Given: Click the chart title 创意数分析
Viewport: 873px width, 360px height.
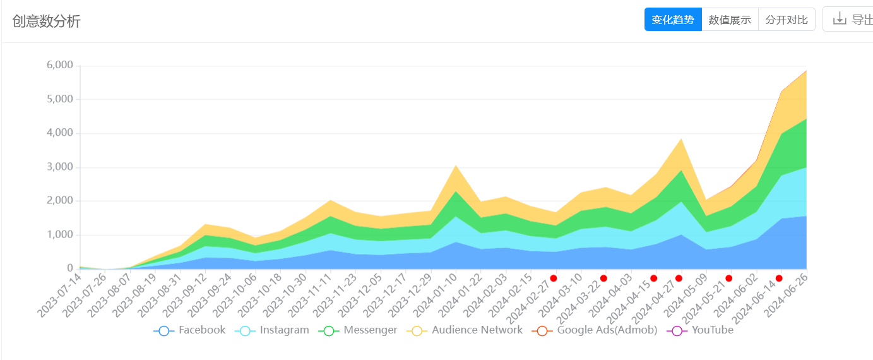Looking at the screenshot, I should [46, 21].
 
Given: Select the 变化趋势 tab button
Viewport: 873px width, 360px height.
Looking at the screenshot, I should [673, 20].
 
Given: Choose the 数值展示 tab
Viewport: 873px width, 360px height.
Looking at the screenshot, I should [730, 20].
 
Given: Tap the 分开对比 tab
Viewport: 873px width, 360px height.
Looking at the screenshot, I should [787, 20].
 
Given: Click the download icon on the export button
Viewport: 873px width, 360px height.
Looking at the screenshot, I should [840, 18].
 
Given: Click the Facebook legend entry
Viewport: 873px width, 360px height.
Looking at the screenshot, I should [190, 330].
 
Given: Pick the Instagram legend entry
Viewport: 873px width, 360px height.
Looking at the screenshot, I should [272, 330].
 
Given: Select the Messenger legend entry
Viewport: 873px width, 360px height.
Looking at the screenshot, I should [358, 330].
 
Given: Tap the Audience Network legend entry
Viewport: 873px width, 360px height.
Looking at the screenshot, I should [465, 330].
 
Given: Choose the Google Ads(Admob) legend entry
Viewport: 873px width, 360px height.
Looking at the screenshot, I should [595, 330].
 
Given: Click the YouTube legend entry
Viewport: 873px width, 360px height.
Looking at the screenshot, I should [701, 330].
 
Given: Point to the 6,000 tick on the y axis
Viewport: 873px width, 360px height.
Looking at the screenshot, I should [60, 66].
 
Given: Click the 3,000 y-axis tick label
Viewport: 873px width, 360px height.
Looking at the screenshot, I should [60, 167].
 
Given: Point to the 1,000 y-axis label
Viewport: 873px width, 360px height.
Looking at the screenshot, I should [60, 235].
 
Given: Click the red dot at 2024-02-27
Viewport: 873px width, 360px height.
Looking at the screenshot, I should [554, 278].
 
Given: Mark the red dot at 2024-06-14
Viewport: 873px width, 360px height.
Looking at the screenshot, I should [779, 278].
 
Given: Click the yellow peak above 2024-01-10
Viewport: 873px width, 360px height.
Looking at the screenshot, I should [456, 167].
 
